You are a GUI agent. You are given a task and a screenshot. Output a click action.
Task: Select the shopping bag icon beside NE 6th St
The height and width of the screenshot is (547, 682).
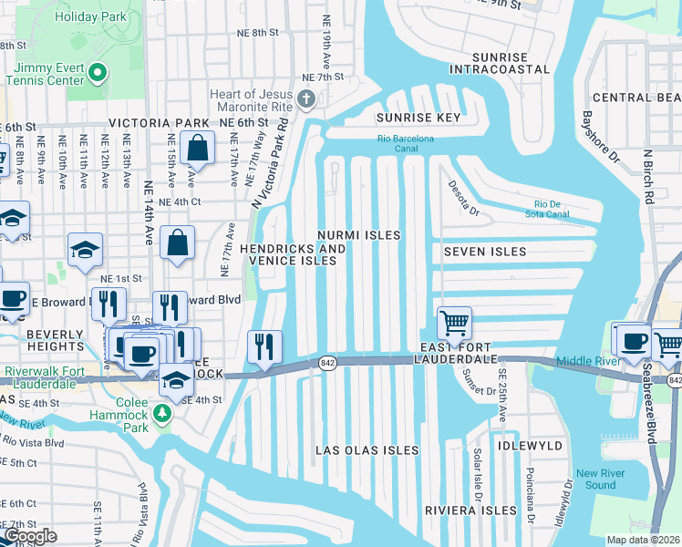point(196,147)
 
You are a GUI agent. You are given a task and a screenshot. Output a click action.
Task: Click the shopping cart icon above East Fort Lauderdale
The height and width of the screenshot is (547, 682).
point(454,322)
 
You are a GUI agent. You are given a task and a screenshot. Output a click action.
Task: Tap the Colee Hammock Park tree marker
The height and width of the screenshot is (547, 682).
point(162,414)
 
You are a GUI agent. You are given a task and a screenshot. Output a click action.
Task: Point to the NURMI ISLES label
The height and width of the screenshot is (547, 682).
point(358,235)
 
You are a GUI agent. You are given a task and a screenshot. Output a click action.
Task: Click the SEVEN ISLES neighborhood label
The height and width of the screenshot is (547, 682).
point(485,252)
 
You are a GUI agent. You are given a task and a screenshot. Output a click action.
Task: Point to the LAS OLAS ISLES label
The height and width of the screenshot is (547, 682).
point(367,450)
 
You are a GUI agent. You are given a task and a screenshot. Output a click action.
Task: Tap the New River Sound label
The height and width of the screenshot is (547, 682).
point(601,480)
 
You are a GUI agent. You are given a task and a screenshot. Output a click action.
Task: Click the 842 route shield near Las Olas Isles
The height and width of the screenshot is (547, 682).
point(327,363)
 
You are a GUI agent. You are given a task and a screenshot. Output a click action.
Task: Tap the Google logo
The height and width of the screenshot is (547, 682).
point(29,536)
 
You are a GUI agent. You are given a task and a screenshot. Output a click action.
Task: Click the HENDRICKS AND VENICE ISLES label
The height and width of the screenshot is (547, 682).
point(294,254)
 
